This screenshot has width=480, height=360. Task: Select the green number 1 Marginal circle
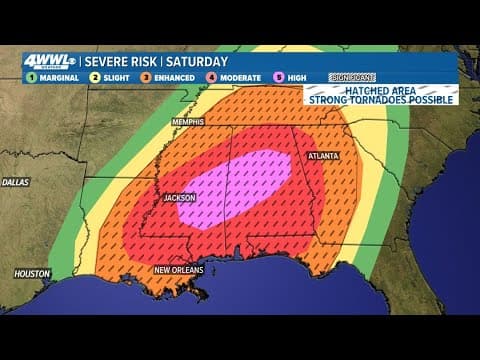click(31, 76)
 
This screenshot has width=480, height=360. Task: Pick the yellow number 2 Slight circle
click(93, 76)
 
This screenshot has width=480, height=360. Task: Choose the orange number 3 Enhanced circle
click(147, 76)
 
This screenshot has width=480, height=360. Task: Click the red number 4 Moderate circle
click(213, 76)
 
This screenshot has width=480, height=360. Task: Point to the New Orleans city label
click(178, 270)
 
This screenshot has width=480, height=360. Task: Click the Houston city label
click(33, 273)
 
